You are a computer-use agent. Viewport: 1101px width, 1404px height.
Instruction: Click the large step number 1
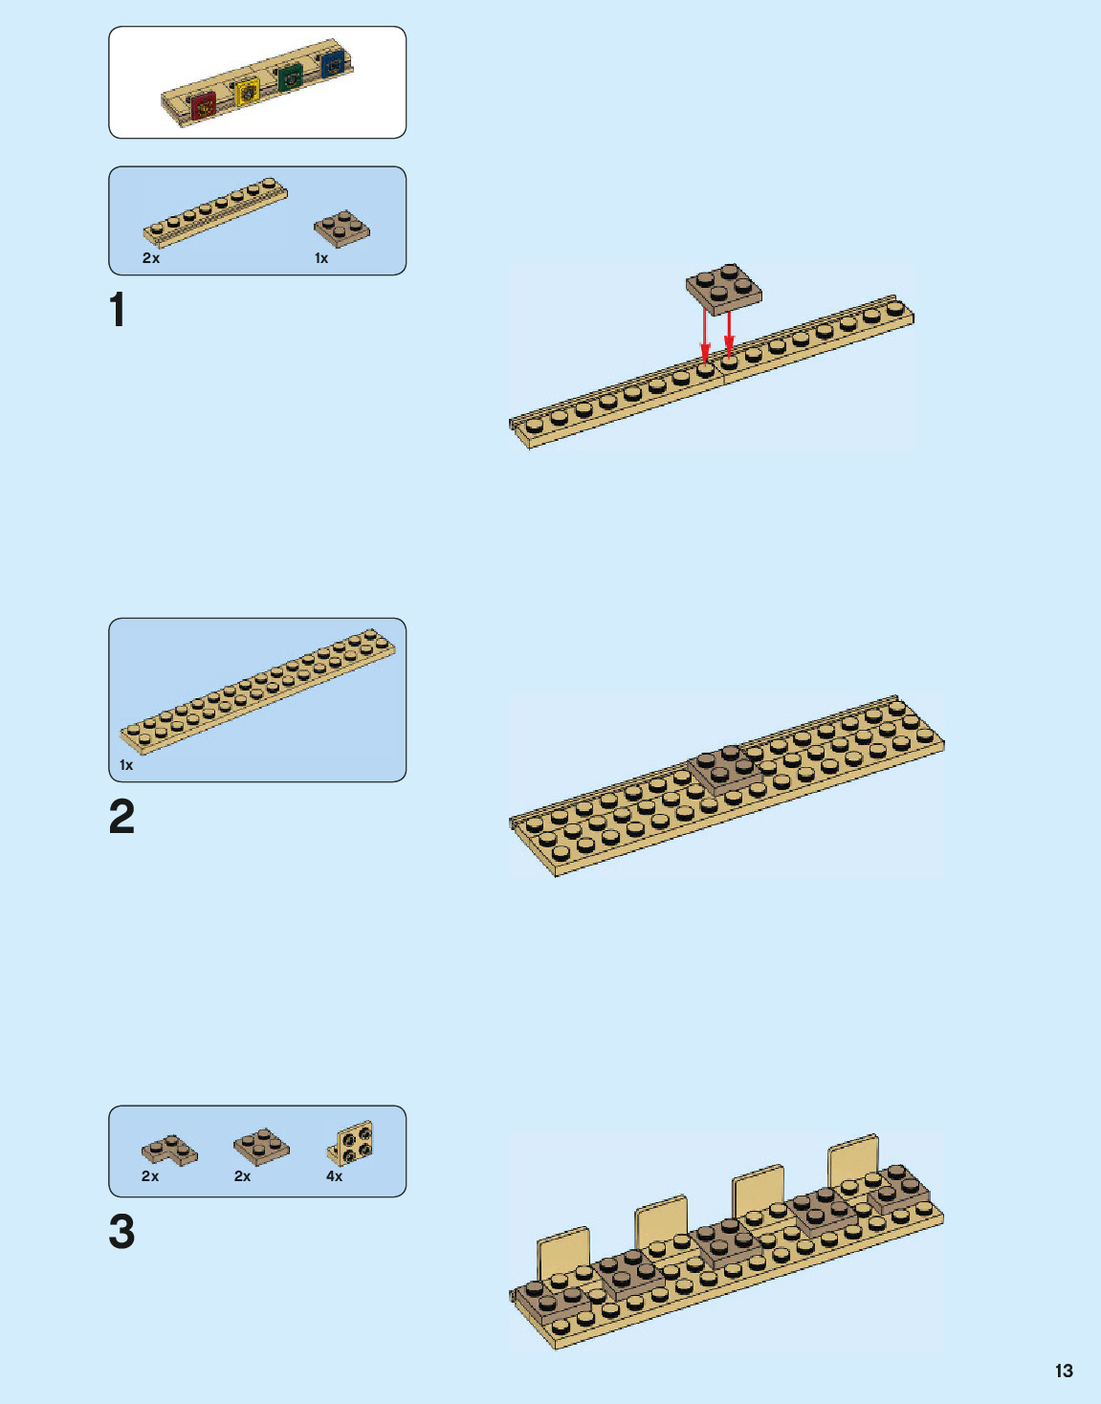pyautogui.click(x=118, y=310)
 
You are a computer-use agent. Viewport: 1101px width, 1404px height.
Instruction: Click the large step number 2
pyautogui.click(x=121, y=817)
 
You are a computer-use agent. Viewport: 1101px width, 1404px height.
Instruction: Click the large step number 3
pyautogui.click(x=121, y=1232)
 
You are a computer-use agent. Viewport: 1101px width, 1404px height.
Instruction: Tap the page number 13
pyautogui.click(x=1064, y=1371)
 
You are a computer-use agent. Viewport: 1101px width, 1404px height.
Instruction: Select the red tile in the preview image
pyautogui.click(x=203, y=105)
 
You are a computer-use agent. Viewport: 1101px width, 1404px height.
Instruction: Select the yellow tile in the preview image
pyautogui.click(x=247, y=93)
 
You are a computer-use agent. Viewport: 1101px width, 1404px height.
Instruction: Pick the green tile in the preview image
pyautogui.click(x=291, y=77)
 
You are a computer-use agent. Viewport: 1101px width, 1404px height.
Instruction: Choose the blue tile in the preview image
pyautogui.click(x=333, y=64)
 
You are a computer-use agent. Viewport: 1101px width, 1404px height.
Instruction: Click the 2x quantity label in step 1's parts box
pyautogui.click(x=151, y=258)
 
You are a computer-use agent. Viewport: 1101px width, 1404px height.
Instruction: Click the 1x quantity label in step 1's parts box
pyautogui.click(x=321, y=258)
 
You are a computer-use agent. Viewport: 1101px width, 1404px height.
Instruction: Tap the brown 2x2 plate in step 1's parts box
pyautogui.click(x=341, y=229)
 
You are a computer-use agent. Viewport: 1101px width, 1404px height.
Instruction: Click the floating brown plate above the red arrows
pyautogui.click(x=724, y=288)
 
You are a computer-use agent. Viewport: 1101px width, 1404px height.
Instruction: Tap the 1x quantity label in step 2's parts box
pyautogui.click(x=126, y=765)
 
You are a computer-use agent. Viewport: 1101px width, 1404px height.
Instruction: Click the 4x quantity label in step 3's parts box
pyautogui.click(x=334, y=1176)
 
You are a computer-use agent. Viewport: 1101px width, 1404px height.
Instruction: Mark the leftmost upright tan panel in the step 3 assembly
pyautogui.click(x=563, y=1253)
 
